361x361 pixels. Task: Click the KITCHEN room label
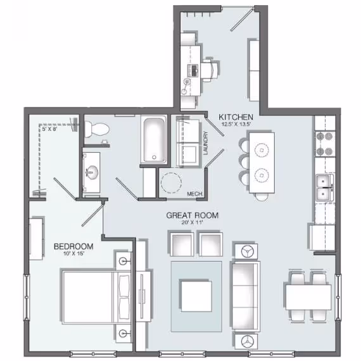236,117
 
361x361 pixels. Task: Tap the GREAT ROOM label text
193,215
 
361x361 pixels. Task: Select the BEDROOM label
73,246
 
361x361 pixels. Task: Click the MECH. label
194,194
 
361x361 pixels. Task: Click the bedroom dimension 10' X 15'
73,255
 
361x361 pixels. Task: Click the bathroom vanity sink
94,171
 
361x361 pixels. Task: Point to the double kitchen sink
325,184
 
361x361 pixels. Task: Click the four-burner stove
324,144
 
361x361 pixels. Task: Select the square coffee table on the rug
196,295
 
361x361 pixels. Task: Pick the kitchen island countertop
261,162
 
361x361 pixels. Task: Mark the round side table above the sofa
244,251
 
